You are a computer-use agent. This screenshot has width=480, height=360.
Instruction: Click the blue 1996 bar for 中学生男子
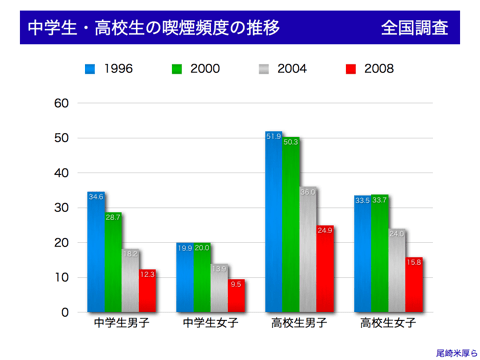click(x=96, y=252)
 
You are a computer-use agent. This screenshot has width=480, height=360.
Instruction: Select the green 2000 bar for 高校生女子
click(x=380, y=254)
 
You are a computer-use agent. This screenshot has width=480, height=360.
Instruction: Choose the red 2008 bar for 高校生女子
click(x=414, y=285)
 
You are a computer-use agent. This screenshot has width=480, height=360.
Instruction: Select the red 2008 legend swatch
click(x=350, y=69)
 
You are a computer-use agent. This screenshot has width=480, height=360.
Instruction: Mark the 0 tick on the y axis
click(x=66, y=312)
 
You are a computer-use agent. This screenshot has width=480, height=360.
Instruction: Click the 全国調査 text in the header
click(x=414, y=28)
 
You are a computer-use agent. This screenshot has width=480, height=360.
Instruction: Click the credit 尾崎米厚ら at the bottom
click(x=454, y=352)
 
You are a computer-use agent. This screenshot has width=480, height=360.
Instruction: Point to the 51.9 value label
click(x=274, y=136)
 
